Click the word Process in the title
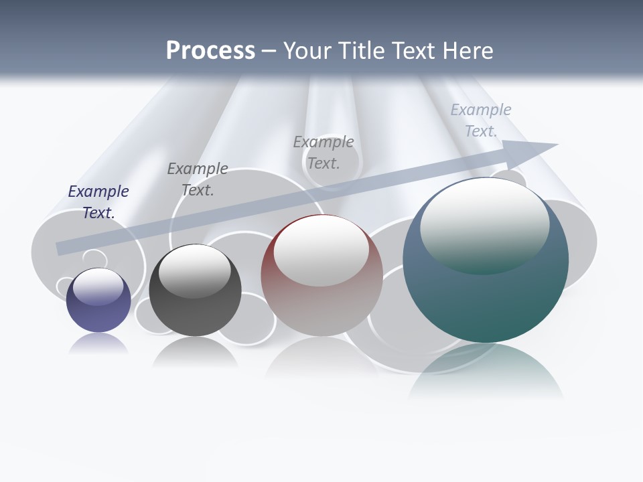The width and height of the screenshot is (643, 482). click(210, 50)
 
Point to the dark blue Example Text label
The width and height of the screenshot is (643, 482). click(98, 202)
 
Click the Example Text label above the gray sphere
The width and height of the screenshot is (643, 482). click(198, 179)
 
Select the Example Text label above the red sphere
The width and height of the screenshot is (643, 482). click(324, 152)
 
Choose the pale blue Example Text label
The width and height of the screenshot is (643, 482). click(481, 120)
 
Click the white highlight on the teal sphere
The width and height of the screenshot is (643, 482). click(484, 224)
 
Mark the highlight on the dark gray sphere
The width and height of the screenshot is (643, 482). click(195, 270)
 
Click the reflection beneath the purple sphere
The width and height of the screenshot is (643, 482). click(98, 343)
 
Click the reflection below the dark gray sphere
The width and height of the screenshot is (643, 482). click(195, 352)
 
